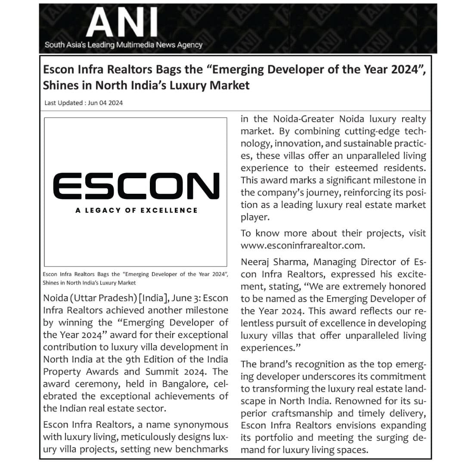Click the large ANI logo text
tap(122, 24)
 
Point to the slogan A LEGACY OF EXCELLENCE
tap(136, 210)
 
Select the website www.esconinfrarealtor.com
tap(303, 245)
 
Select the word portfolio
tap(282, 438)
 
